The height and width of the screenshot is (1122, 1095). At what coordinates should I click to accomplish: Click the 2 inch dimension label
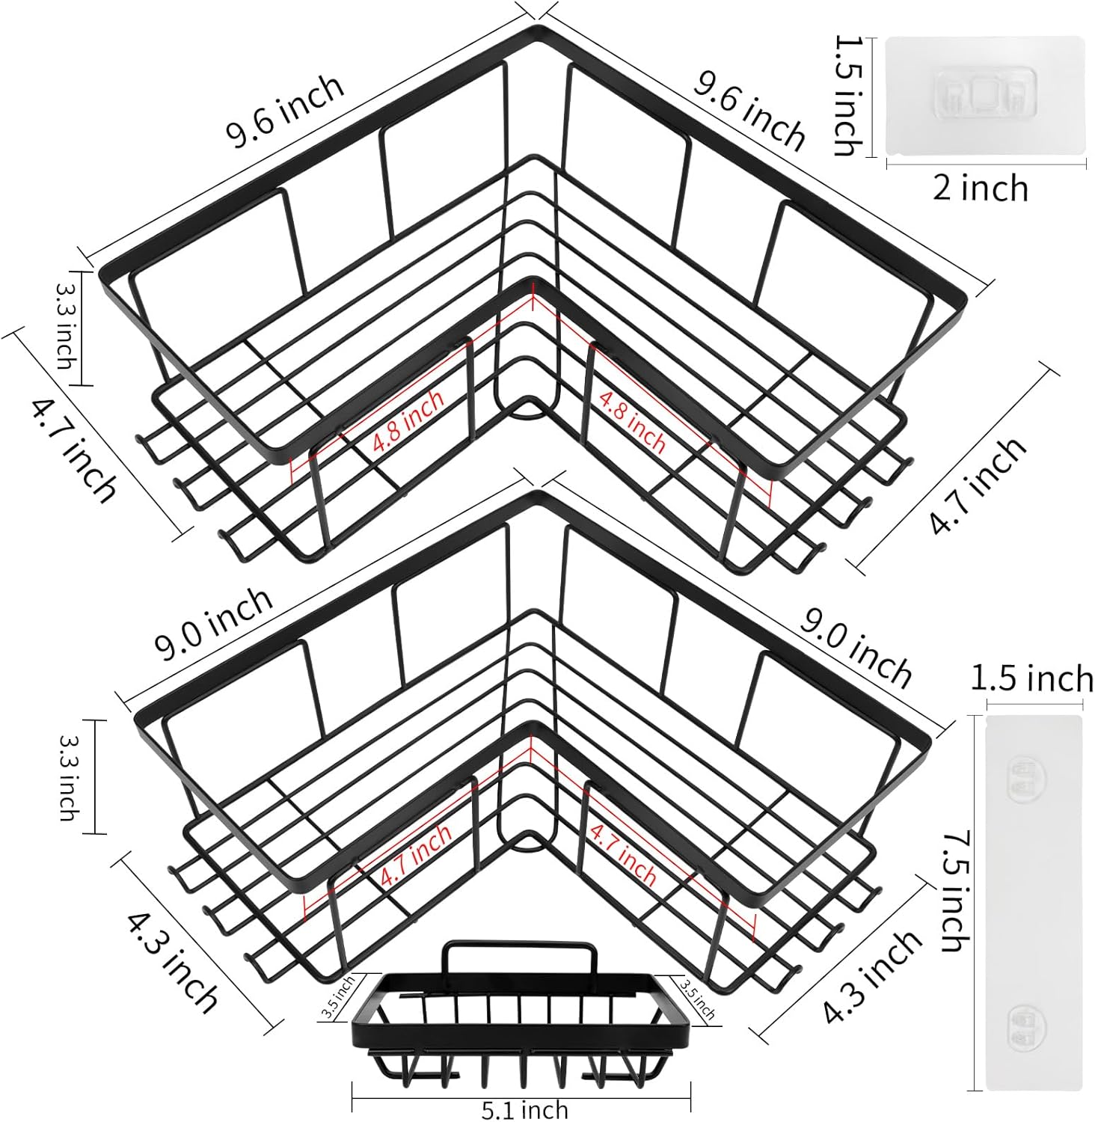tap(980, 188)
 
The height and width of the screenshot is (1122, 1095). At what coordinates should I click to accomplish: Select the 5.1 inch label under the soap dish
tap(524, 1109)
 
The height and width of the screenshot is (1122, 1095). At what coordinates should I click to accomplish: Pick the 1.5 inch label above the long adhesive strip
tap(1032, 679)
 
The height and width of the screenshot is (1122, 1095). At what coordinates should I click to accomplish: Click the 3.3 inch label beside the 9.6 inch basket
tap(66, 325)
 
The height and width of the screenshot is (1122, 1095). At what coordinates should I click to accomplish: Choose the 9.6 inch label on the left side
tap(285, 111)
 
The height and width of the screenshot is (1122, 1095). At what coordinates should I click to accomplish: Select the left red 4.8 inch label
tap(408, 420)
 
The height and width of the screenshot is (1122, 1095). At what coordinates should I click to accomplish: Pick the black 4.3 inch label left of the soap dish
tap(172, 960)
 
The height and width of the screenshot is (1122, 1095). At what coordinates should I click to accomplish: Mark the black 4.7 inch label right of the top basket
tap(978, 485)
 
